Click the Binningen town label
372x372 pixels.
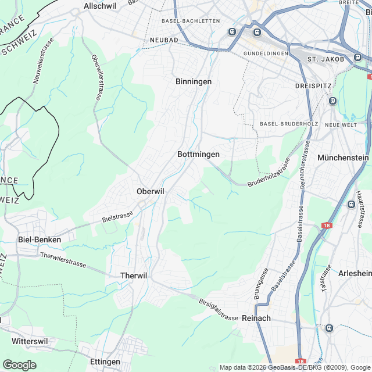[x=194, y=82]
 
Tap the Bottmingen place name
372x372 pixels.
[x=198, y=155]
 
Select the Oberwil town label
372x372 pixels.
[x=151, y=191]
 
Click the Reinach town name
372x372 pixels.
[x=256, y=318]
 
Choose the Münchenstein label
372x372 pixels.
[x=343, y=158]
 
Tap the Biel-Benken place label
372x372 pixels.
[x=40, y=239]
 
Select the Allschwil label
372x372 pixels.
[x=101, y=5]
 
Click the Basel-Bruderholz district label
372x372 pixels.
[x=283, y=124]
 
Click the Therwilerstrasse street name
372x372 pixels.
[x=63, y=260]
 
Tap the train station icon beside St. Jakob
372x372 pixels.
[x=357, y=58]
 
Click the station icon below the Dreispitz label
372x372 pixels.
[x=332, y=101]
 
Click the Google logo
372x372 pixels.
[x=19, y=364]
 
